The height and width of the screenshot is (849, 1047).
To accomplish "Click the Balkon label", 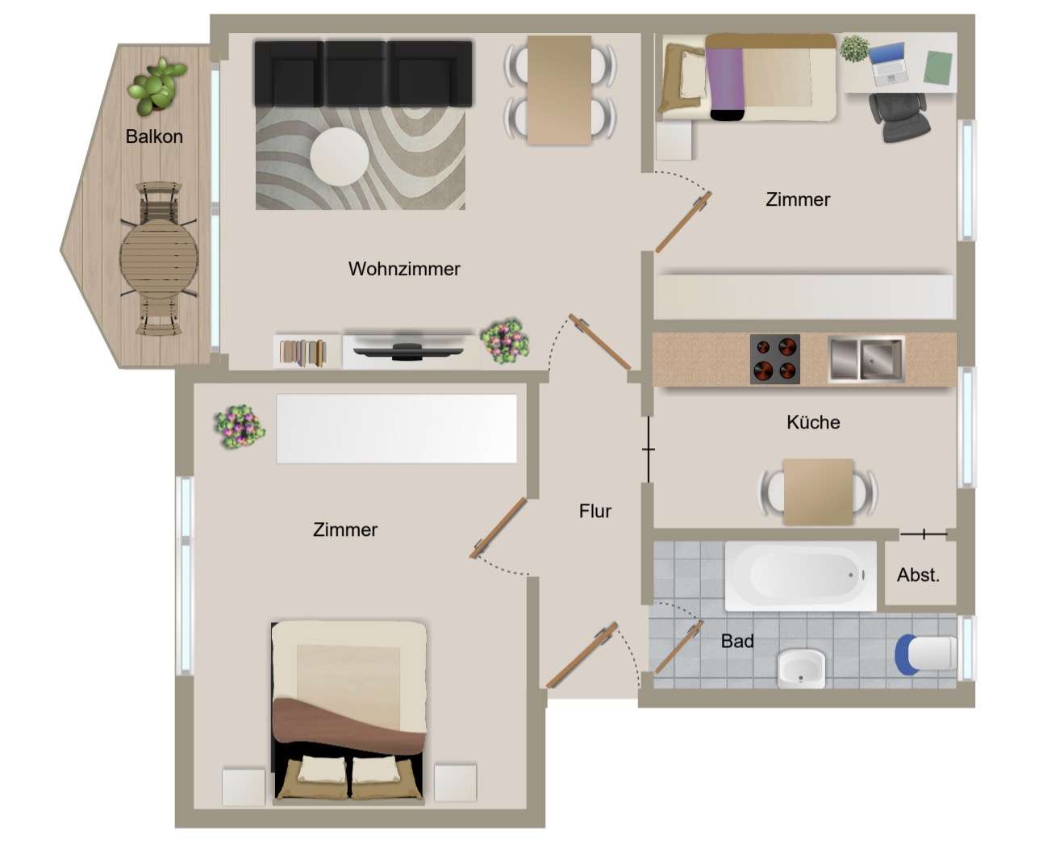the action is pos(154,136).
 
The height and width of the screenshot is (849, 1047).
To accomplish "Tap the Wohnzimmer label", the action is pos(404,269).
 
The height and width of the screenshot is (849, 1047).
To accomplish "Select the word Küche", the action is pos(813,422).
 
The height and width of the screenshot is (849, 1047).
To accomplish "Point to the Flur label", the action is pos(594,511).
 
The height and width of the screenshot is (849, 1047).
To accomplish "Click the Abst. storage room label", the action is pos(918,575).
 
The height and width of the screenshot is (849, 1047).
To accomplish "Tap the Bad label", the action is pos(736,641).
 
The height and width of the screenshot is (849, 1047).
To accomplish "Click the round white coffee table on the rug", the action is pos(339,157).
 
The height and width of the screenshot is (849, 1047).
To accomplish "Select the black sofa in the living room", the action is pos(363,73).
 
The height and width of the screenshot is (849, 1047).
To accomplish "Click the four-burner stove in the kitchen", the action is pos(774,359).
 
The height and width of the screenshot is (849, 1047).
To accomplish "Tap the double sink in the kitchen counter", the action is pos(866,359).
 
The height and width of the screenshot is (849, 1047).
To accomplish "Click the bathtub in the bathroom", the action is pos(800,575).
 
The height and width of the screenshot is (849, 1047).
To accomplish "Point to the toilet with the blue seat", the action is pos(925,655).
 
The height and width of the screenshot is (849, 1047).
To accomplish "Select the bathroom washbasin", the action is pos(801,668).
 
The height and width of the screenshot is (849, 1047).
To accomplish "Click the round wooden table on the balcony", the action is pos(159,257).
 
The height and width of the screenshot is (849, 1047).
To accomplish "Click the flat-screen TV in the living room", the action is pos(408,350).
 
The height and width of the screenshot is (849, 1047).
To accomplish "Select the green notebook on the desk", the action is pos(938,68).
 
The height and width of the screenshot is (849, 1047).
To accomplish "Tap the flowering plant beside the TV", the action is pos(504,341).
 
